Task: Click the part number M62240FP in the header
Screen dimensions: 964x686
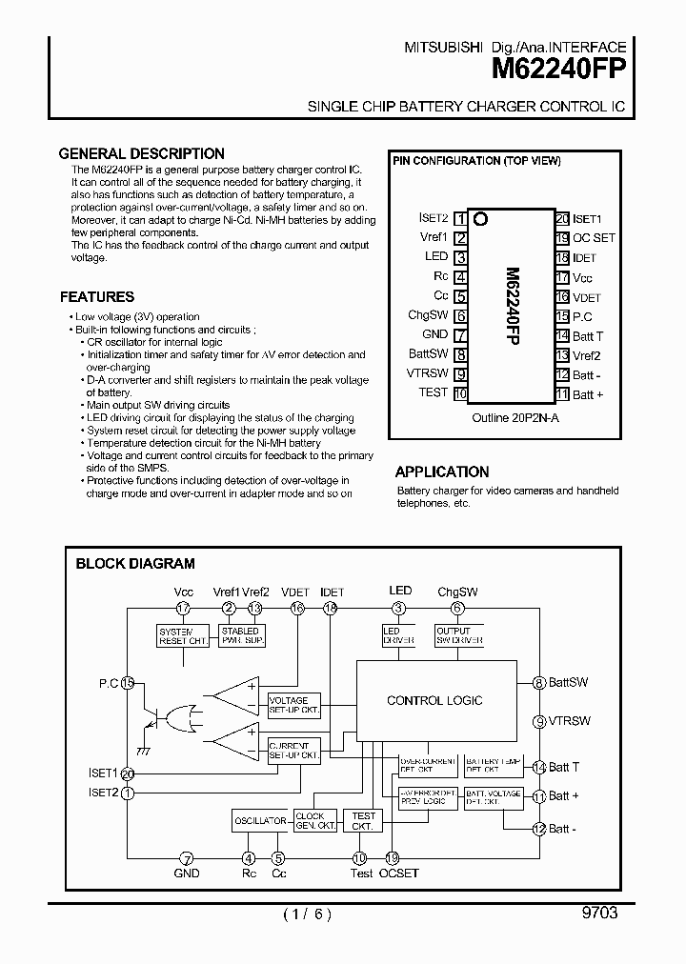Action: (558, 69)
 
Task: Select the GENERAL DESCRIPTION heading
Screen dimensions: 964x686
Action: (142, 153)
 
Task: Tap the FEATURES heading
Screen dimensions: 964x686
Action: (97, 296)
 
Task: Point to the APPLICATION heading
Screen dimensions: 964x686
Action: (442, 472)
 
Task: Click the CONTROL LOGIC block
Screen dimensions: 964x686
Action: (434, 700)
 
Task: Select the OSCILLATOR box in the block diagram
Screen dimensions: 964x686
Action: (261, 820)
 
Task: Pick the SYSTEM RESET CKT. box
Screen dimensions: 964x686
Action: (183, 635)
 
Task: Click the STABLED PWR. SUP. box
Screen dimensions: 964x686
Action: (240, 635)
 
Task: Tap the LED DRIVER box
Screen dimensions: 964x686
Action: (398, 635)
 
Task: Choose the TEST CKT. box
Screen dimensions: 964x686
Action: (363, 820)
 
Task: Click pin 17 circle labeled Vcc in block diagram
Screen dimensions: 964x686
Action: (183, 608)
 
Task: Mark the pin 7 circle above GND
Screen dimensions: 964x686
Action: (187, 857)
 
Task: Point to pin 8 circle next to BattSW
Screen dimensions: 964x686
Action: (539, 682)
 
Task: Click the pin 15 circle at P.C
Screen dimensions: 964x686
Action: (128, 682)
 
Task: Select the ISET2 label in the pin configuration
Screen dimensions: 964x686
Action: (434, 218)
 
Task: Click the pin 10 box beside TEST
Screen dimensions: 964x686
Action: (461, 393)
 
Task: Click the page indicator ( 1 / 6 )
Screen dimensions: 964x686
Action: (307, 914)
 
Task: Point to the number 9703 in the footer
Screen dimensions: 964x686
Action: (599, 913)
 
